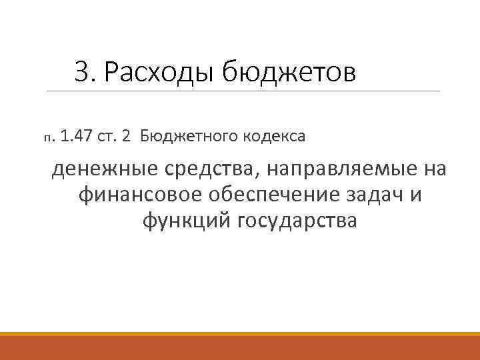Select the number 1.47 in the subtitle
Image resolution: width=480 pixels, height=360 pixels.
pos(76,137)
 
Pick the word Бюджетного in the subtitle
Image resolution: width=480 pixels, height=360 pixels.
pos(182,137)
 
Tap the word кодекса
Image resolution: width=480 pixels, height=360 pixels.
pos(273,137)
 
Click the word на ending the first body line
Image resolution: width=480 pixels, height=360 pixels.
pos(433,171)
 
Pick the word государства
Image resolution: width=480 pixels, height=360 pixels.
pos(297,221)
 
